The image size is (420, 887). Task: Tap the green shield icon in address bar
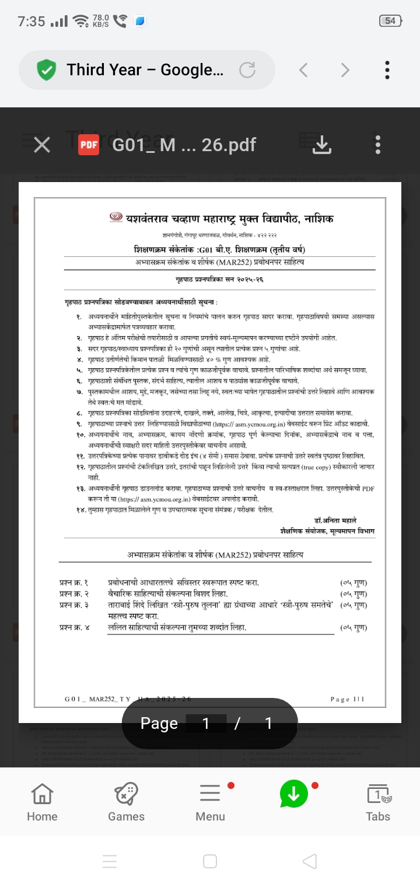[x=46, y=71]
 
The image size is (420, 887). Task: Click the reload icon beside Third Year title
[x=247, y=70]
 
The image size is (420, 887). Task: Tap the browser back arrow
[x=303, y=70]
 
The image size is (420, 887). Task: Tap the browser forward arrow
[x=345, y=70]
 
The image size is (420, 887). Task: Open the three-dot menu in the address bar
[x=387, y=70]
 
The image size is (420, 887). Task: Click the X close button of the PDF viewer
[x=42, y=145]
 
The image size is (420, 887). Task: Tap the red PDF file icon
[x=89, y=145]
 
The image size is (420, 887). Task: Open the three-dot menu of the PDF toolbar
[x=378, y=145]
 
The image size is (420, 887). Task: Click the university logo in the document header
[x=117, y=218]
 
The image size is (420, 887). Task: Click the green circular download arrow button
[x=293, y=794]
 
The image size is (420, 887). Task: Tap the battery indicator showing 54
[x=390, y=21]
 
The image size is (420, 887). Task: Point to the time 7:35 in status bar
[x=32, y=22]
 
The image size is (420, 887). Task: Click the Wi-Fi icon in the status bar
[x=80, y=22]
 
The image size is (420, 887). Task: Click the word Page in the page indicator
[x=159, y=724]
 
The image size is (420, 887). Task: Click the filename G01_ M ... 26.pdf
[x=184, y=145]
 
